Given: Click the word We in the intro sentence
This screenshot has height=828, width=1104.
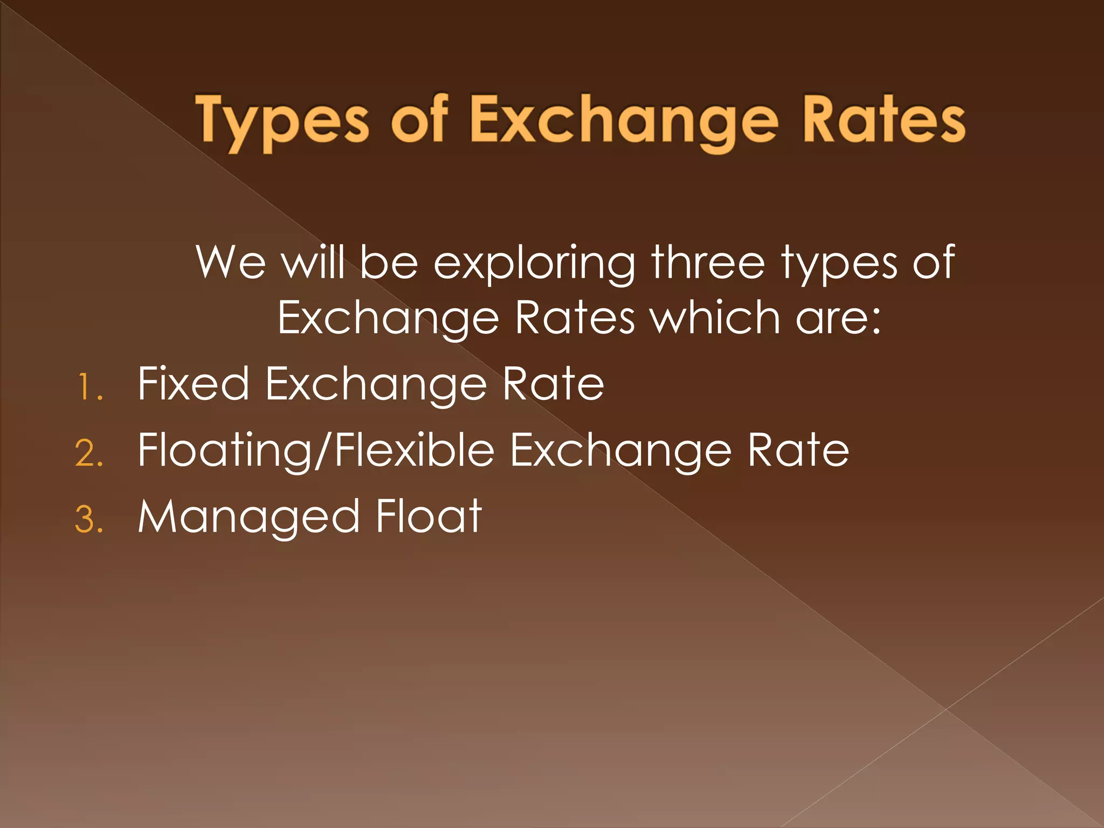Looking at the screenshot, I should coord(231,263).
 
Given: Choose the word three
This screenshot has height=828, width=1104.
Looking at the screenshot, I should coord(708,263).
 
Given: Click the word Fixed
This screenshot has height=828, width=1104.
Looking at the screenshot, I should coord(193,383).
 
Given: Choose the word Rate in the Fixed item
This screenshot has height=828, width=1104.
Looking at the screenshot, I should coord(553,383).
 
